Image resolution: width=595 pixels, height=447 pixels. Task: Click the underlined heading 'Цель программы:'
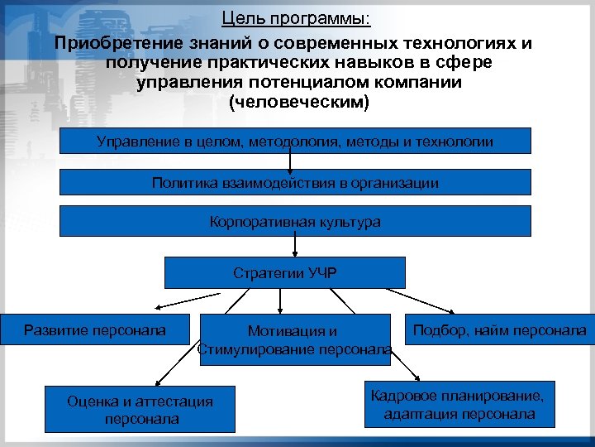(297, 17)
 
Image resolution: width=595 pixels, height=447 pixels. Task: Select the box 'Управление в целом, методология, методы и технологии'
(295, 142)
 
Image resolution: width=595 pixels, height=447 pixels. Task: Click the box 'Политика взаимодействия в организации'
(295, 182)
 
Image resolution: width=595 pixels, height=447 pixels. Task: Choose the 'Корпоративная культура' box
(295, 222)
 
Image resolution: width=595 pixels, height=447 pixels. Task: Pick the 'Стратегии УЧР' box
(285, 272)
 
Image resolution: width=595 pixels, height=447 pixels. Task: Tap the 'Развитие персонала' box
(95, 330)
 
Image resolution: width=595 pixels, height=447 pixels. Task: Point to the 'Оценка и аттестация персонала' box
(140, 409)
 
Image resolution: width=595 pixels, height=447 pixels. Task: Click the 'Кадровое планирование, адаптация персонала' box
(459, 404)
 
